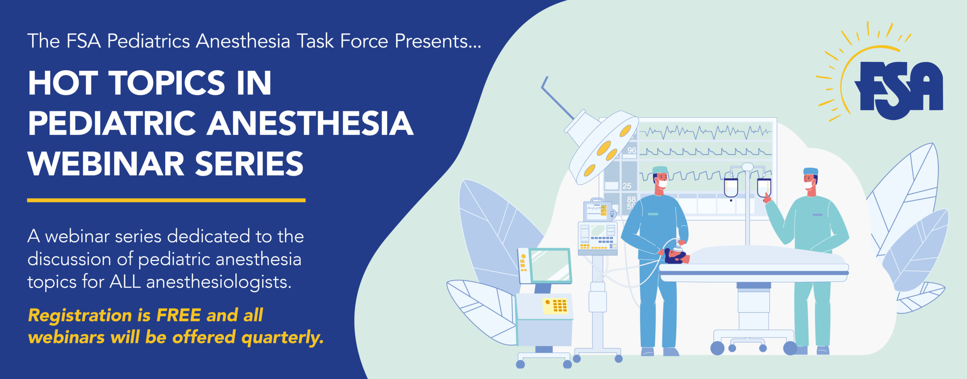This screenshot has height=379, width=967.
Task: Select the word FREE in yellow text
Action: coord(178,315)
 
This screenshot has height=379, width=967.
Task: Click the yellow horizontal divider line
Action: coord(166,200)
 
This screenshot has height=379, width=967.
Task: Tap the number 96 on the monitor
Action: coord(632,150)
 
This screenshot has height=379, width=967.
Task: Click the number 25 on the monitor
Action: coord(627,186)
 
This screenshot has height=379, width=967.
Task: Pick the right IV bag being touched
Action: coord(764,188)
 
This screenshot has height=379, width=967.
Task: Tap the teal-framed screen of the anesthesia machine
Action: coord(550,266)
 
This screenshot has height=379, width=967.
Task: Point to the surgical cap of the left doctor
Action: coord(660,170)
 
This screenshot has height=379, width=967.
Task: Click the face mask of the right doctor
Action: coord(809,186)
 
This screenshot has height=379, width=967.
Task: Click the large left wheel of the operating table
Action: coord(717,348)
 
